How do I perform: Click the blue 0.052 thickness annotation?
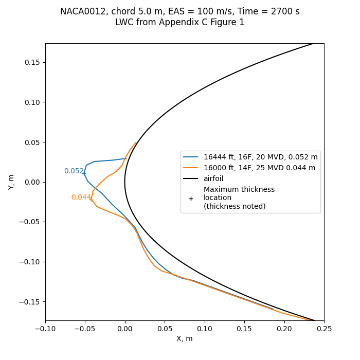74,171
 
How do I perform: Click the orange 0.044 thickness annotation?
81,197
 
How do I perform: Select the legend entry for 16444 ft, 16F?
261,157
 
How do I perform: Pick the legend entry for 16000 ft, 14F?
259,168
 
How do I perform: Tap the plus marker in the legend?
191,198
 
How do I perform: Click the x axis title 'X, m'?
185,339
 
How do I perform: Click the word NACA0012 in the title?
81,11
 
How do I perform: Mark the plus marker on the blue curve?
85,174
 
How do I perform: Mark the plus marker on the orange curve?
92,199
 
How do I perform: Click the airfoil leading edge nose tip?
125,182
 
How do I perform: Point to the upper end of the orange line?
136,142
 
